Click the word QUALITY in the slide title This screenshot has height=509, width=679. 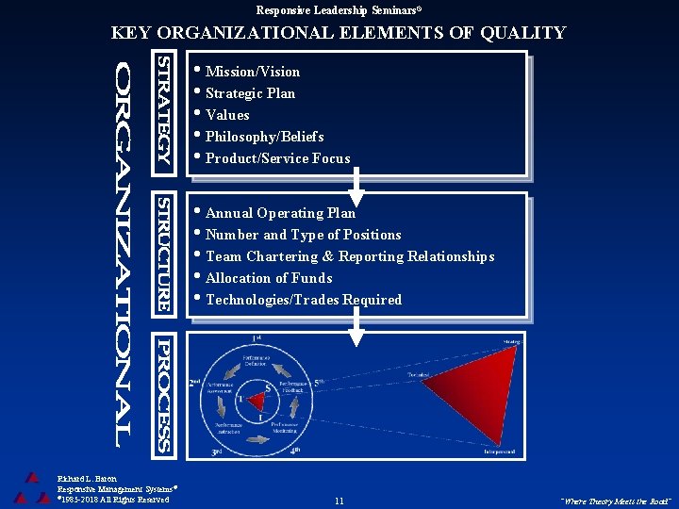coord(522,33)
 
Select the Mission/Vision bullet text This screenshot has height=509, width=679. coord(252,72)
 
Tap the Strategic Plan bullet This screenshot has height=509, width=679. coord(250,93)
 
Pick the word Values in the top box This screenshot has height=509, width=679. coord(227,115)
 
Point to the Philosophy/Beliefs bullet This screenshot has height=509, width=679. coord(264,137)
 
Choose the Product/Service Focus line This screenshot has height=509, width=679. coord(277,158)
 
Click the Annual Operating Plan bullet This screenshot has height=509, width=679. coord(280,213)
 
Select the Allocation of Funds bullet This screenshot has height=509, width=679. coord(269,278)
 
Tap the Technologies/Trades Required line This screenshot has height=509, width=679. coord(303,300)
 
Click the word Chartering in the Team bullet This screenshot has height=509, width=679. coord(282,256)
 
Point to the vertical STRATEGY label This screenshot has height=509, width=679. coord(163,111)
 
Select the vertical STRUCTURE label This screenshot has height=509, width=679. coord(163,254)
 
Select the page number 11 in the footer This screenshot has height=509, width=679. coord(339,501)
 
